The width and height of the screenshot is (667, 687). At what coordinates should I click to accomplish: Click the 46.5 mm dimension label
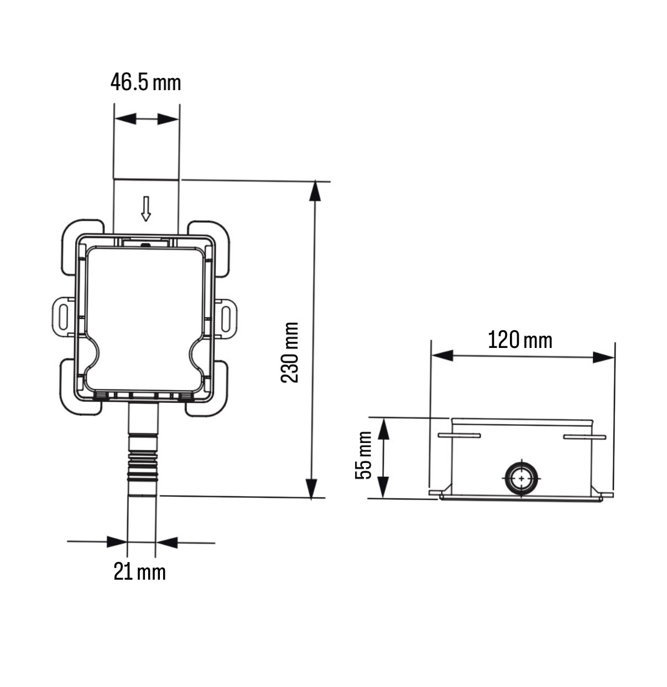145,82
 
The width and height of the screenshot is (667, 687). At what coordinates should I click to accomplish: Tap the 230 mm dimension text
290,352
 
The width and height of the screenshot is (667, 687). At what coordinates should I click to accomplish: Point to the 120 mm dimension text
519,340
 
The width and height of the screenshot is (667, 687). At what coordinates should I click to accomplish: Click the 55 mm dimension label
363,455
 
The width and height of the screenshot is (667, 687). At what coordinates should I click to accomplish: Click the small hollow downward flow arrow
146,209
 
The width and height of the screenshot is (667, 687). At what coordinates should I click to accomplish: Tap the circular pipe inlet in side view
521,479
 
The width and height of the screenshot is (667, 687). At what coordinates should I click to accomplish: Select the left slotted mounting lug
64,317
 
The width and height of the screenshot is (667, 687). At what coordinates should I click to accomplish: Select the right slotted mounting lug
225,319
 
